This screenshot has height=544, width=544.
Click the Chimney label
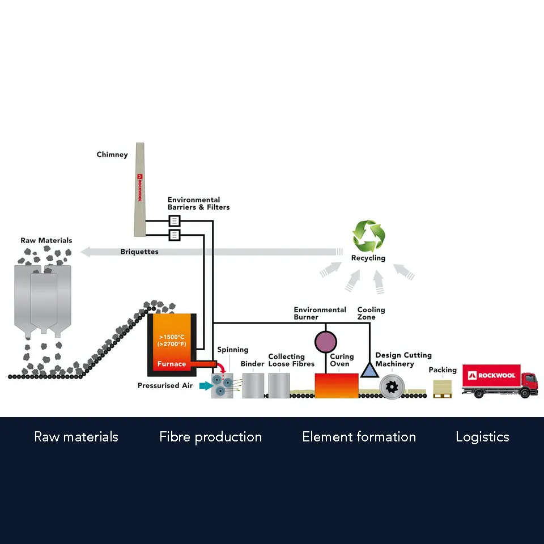pyautogui.click(x=112, y=155)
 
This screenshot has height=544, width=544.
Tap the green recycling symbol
pyautogui.click(x=368, y=236)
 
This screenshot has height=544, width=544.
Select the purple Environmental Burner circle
pyautogui.click(x=325, y=342)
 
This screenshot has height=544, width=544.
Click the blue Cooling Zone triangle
pyautogui.click(x=369, y=370)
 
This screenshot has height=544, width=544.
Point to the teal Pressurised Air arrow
pyautogui.click(x=206, y=385)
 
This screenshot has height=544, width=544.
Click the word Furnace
pyautogui.click(x=172, y=364)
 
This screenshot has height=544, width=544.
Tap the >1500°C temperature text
pyautogui.click(x=172, y=337)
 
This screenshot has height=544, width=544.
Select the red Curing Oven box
pyautogui.click(x=337, y=385)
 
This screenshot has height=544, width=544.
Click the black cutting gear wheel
pyautogui.click(x=392, y=386)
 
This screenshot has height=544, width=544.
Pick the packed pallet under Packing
pyautogui.click(x=443, y=389)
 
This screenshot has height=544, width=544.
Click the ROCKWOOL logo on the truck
pyautogui.click(x=492, y=375)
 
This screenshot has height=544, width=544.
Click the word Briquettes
pyautogui.click(x=139, y=252)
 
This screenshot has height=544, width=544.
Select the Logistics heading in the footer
pyautogui.click(x=482, y=437)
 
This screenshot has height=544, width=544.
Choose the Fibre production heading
pyautogui.click(x=211, y=437)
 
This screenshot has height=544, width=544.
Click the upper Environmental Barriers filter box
pyautogui.click(x=174, y=220)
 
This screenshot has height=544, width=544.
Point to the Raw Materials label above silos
pyautogui.click(x=46, y=240)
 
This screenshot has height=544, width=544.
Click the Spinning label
pyautogui.click(x=233, y=350)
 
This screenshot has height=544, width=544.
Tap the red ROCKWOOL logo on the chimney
pyautogui.click(x=139, y=188)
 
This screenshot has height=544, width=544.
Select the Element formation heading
pyautogui.click(x=359, y=437)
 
